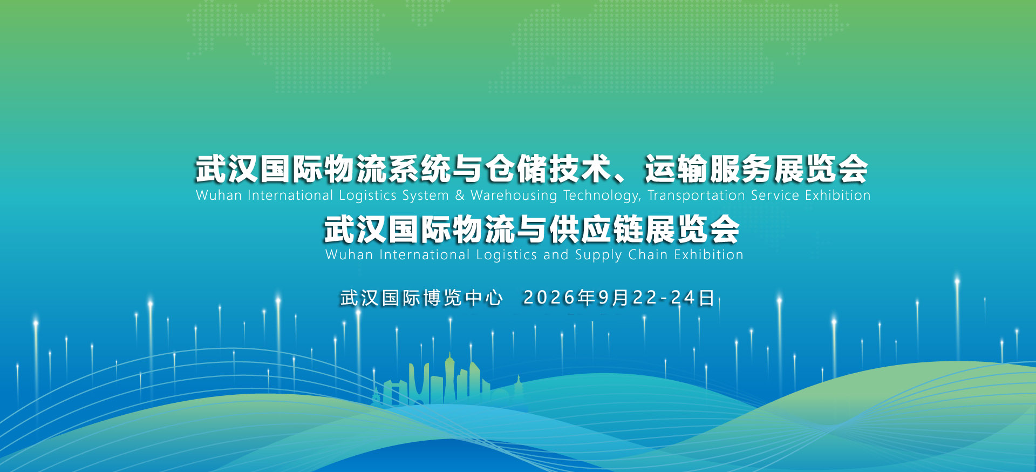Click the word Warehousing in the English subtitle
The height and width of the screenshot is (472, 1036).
513,195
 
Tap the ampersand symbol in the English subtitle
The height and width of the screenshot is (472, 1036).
459,195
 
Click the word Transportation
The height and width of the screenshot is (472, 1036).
696,195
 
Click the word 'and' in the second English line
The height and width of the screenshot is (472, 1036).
556,254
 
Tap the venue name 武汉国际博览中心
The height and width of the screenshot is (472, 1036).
421,298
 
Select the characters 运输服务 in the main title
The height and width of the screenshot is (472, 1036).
708,168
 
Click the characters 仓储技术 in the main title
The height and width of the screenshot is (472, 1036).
548,168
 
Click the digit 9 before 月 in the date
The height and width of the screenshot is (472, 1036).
603,298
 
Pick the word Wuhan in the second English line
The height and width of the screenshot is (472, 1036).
349,254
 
